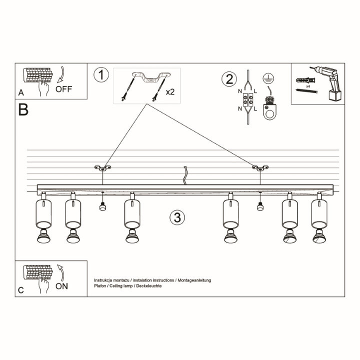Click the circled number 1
tap(101, 75)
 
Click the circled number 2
tap(229, 79)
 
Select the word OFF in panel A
tap(64, 89)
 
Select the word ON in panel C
tap(62, 286)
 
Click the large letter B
tap(23, 109)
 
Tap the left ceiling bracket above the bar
tap(102, 167)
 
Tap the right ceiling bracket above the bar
tap(260, 167)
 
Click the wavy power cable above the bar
tap(185, 175)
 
